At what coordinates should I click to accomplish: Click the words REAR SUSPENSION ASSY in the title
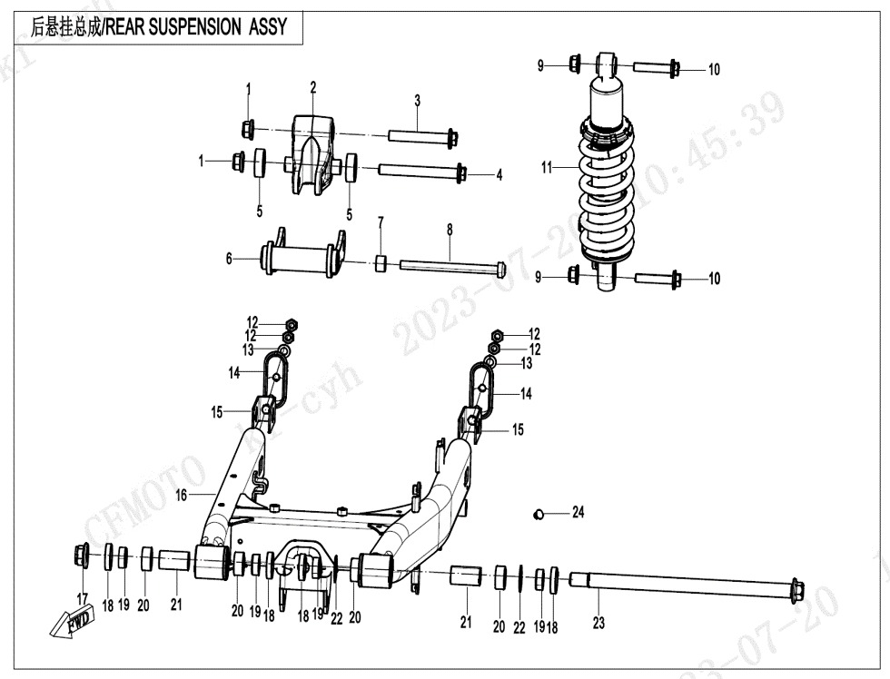pos(196,27)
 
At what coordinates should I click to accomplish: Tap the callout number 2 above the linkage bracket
pos(313,88)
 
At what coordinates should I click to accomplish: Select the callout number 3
pos(417,100)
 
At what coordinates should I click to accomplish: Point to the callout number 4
pos(499,175)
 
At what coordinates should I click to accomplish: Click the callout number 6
pos(230,260)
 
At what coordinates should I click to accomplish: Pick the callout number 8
pos(449,231)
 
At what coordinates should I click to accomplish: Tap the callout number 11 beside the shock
pos(547,168)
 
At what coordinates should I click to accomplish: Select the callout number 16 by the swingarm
pos(182,495)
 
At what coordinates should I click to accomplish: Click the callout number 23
pos(598,623)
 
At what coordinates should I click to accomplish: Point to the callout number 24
pos(578,513)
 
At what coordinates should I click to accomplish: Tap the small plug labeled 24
pos(538,515)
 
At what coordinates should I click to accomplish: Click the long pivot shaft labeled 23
pos(681,581)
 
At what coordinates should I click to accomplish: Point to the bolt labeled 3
pos(423,137)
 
